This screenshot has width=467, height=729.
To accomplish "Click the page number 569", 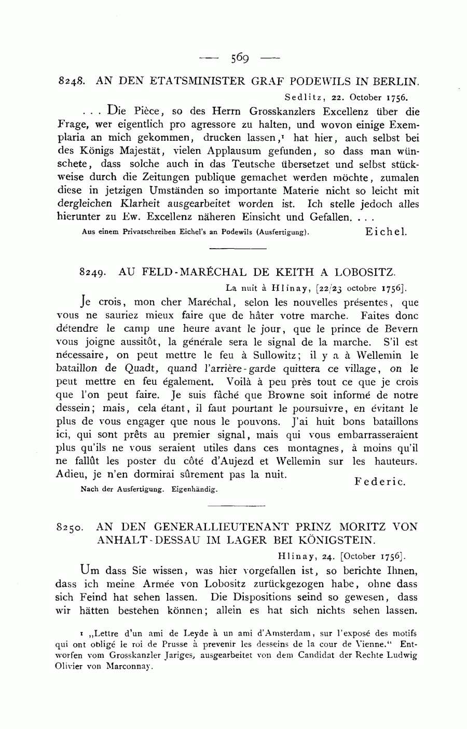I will pos(241,57).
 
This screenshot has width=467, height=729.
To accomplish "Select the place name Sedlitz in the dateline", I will pos(301,97).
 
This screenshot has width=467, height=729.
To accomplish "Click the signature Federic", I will pos(380,482).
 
